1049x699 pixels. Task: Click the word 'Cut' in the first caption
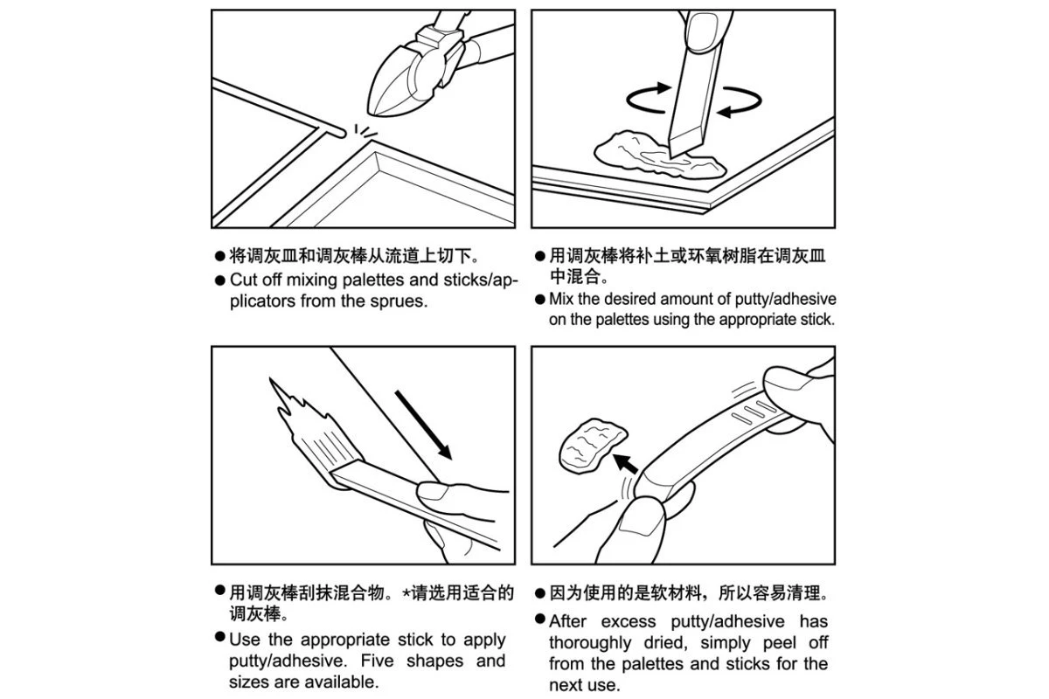point(244,280)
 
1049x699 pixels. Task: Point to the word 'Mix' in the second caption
point(561,299)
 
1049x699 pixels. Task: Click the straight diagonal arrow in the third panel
point(423,425)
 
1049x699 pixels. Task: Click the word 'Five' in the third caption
point(377,661)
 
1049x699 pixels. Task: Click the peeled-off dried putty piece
point(592,446)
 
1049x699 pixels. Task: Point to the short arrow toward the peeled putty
point(626,463)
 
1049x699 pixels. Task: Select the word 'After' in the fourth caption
point(567,621)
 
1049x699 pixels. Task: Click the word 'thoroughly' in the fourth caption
point(590,643)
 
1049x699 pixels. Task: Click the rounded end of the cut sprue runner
point(342,134)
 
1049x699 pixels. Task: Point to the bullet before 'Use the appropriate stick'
point(219,637)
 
